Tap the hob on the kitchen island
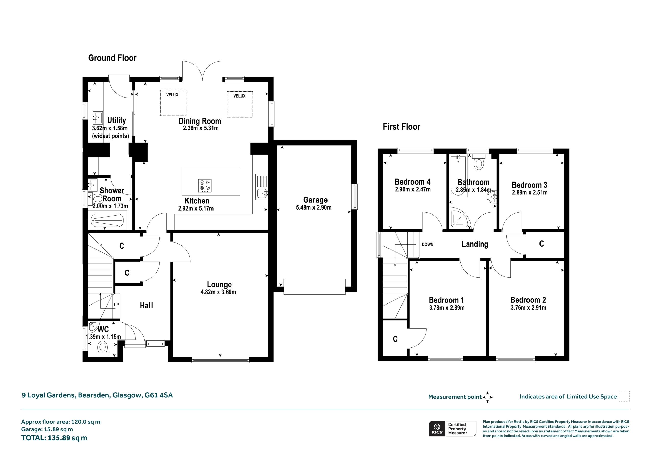tap(205, 186)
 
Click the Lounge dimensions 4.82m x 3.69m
tap(218, 292)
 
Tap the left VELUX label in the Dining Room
tap(172, 95)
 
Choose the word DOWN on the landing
tap(428, 244)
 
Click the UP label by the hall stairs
tap(116, 305)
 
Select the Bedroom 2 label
tap(528, 300)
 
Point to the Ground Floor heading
tap(112, 58)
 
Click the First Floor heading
tap(401, 127)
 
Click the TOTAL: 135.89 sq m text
tap(54, 438)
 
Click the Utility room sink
tap(97, 118)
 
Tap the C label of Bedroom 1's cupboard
tap(395, 339)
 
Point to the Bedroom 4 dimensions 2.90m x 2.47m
tap(413, 189)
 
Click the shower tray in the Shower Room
tap(107, 220)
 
